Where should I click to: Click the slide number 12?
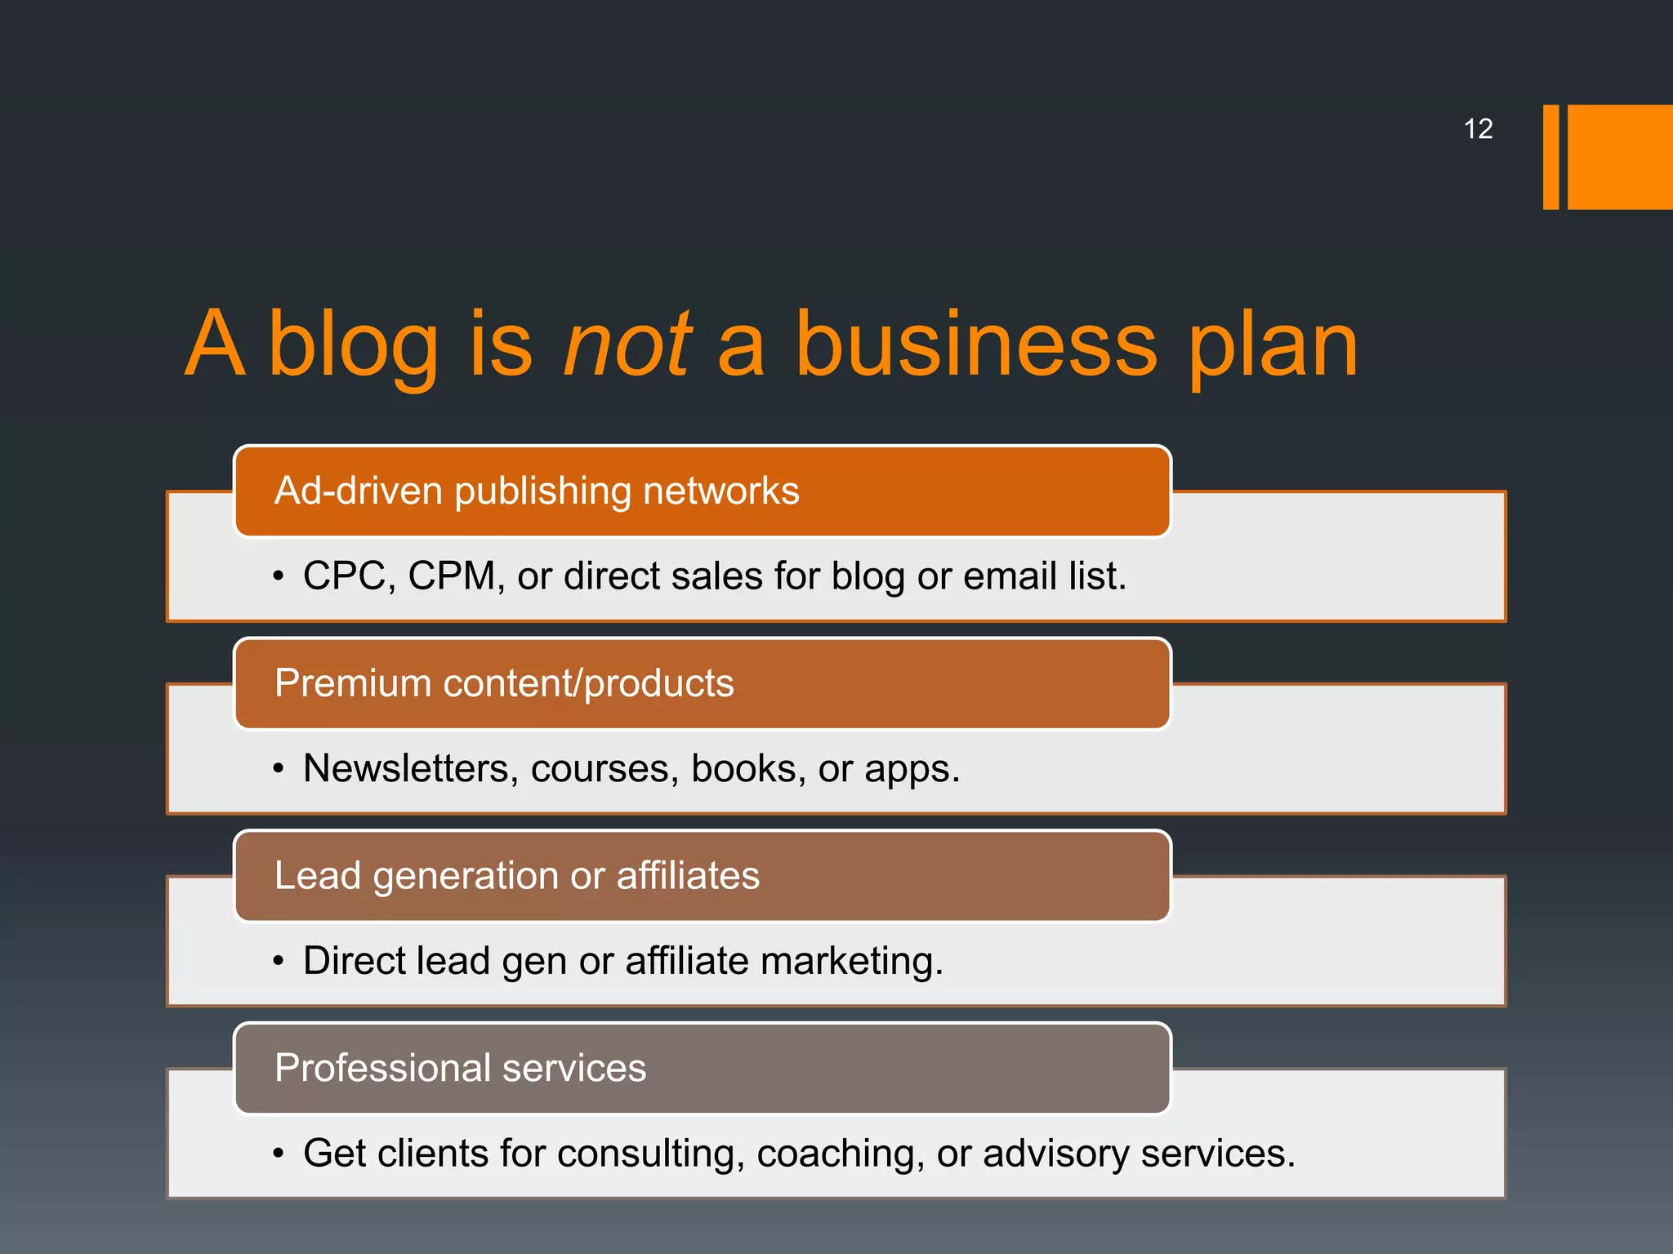point(1478,129)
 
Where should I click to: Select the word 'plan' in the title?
point(1272,346)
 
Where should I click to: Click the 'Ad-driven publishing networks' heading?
point(537,491)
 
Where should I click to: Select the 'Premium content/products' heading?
point(504,683)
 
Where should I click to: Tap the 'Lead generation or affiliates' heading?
point(517,875)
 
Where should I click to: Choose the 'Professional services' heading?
point(460,1068)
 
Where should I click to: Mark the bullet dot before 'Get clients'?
point(279,1154)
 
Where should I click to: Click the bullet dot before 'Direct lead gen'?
point(279,961)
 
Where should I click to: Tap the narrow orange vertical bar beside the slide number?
point(1550,157)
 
